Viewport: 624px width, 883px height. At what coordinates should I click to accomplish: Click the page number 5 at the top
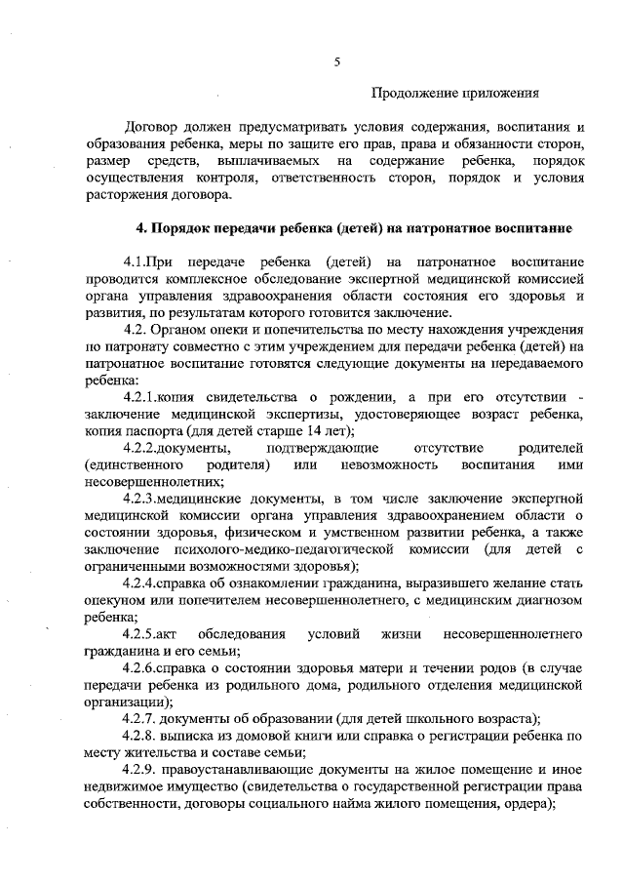pos(337,61)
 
